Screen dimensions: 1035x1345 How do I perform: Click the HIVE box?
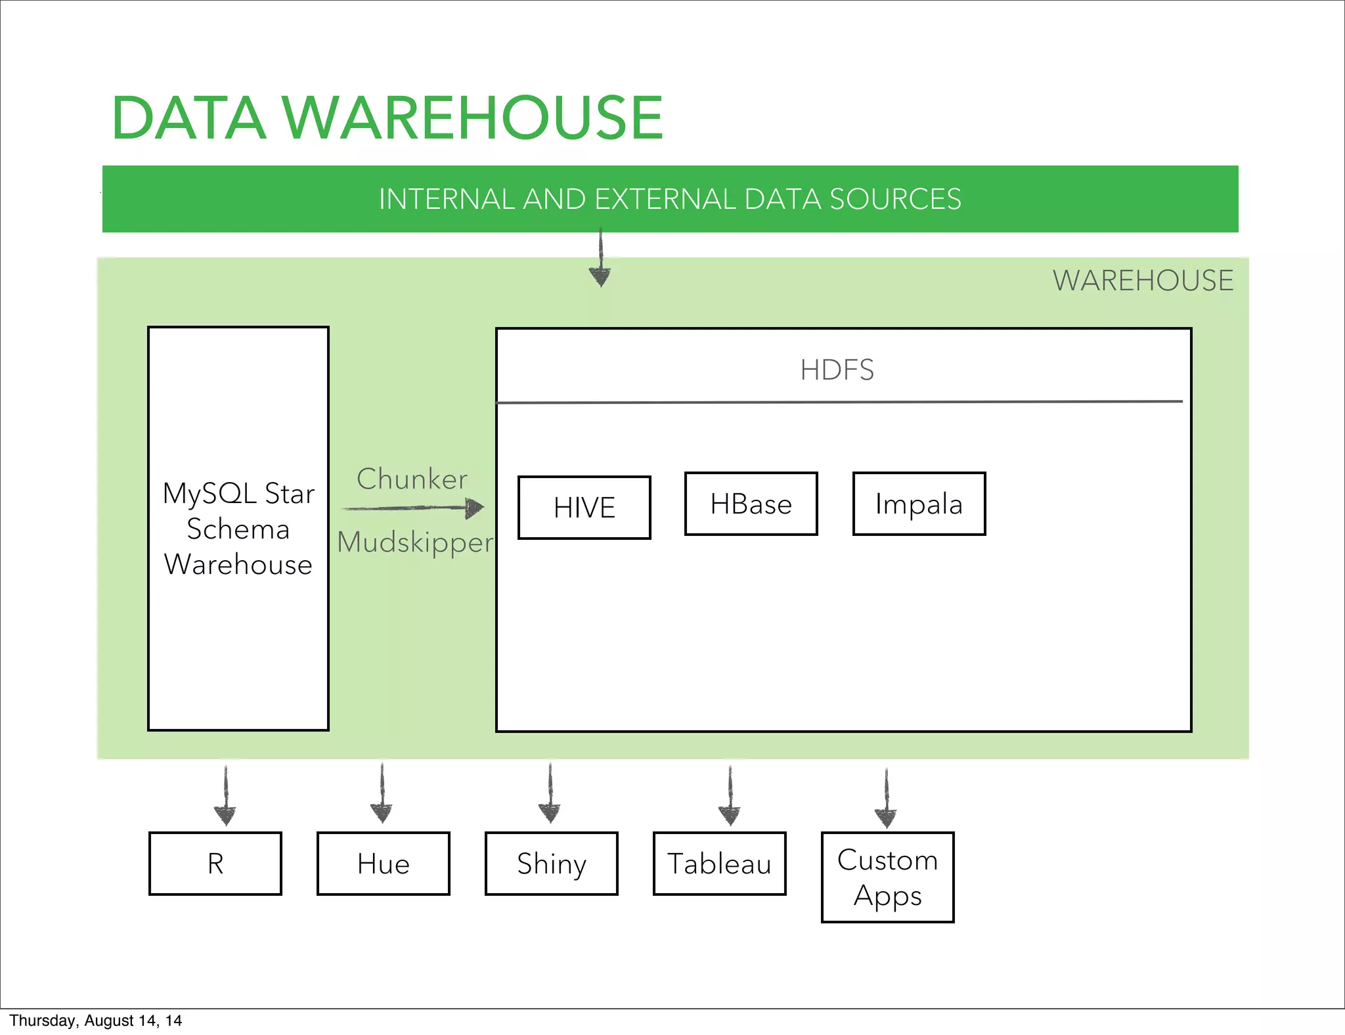(584, 508)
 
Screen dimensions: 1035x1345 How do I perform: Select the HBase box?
(751, 504)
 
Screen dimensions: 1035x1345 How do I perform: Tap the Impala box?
(919, 504)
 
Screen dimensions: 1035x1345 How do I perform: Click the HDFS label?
(837, 370)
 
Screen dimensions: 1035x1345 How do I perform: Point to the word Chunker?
(412, 479)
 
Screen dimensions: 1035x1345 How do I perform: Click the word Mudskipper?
(414, 542)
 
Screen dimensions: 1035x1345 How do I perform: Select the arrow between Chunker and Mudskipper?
(414, 508)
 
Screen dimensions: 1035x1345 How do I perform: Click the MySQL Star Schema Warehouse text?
(238, 529)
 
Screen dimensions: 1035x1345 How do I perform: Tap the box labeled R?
(215, 864)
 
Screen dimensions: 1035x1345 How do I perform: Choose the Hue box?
(384, 864)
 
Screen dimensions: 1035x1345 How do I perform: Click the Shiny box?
(552, 864)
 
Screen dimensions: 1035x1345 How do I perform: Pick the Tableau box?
(720, 864)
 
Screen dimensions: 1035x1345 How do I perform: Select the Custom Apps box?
(887, 877)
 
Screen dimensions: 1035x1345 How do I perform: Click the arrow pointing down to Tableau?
(730, 796)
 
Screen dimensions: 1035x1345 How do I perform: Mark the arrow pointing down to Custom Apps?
(886, 799)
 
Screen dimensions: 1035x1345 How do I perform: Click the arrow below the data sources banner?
(600, 259)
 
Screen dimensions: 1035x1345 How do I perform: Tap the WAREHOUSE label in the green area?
(1143, 280)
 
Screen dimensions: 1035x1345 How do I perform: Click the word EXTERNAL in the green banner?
(665, 199)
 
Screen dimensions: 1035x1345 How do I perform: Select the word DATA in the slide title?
(189, 118)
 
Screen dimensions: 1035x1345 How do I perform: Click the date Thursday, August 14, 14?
(96, 1021)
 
